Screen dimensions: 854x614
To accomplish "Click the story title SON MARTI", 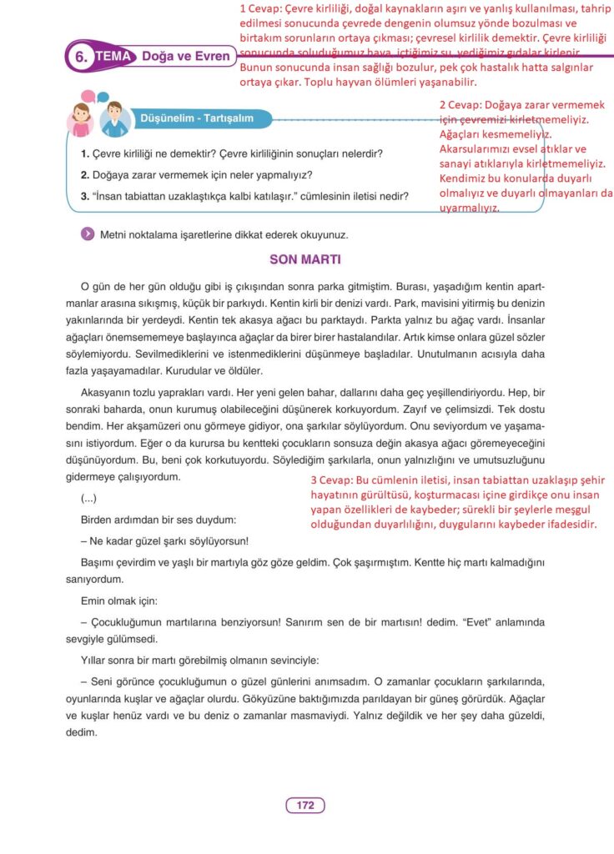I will tap(305, 259).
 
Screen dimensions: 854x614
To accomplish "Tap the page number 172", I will tap(305, 805).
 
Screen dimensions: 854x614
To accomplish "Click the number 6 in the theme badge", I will tap(81, 58).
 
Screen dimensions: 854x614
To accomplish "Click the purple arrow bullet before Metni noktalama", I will tap(87, 234).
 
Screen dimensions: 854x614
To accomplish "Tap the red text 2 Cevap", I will tap(460, 105).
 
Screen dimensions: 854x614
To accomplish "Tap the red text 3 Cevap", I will tap(330, 482).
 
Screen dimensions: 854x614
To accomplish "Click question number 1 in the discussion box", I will tap(85, 154).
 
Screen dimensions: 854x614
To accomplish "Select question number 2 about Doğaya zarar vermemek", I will tap(85, 175).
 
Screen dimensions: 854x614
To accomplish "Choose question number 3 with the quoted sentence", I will tap(85, 197).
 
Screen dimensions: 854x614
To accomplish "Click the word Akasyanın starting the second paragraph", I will tap(105, 391).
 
